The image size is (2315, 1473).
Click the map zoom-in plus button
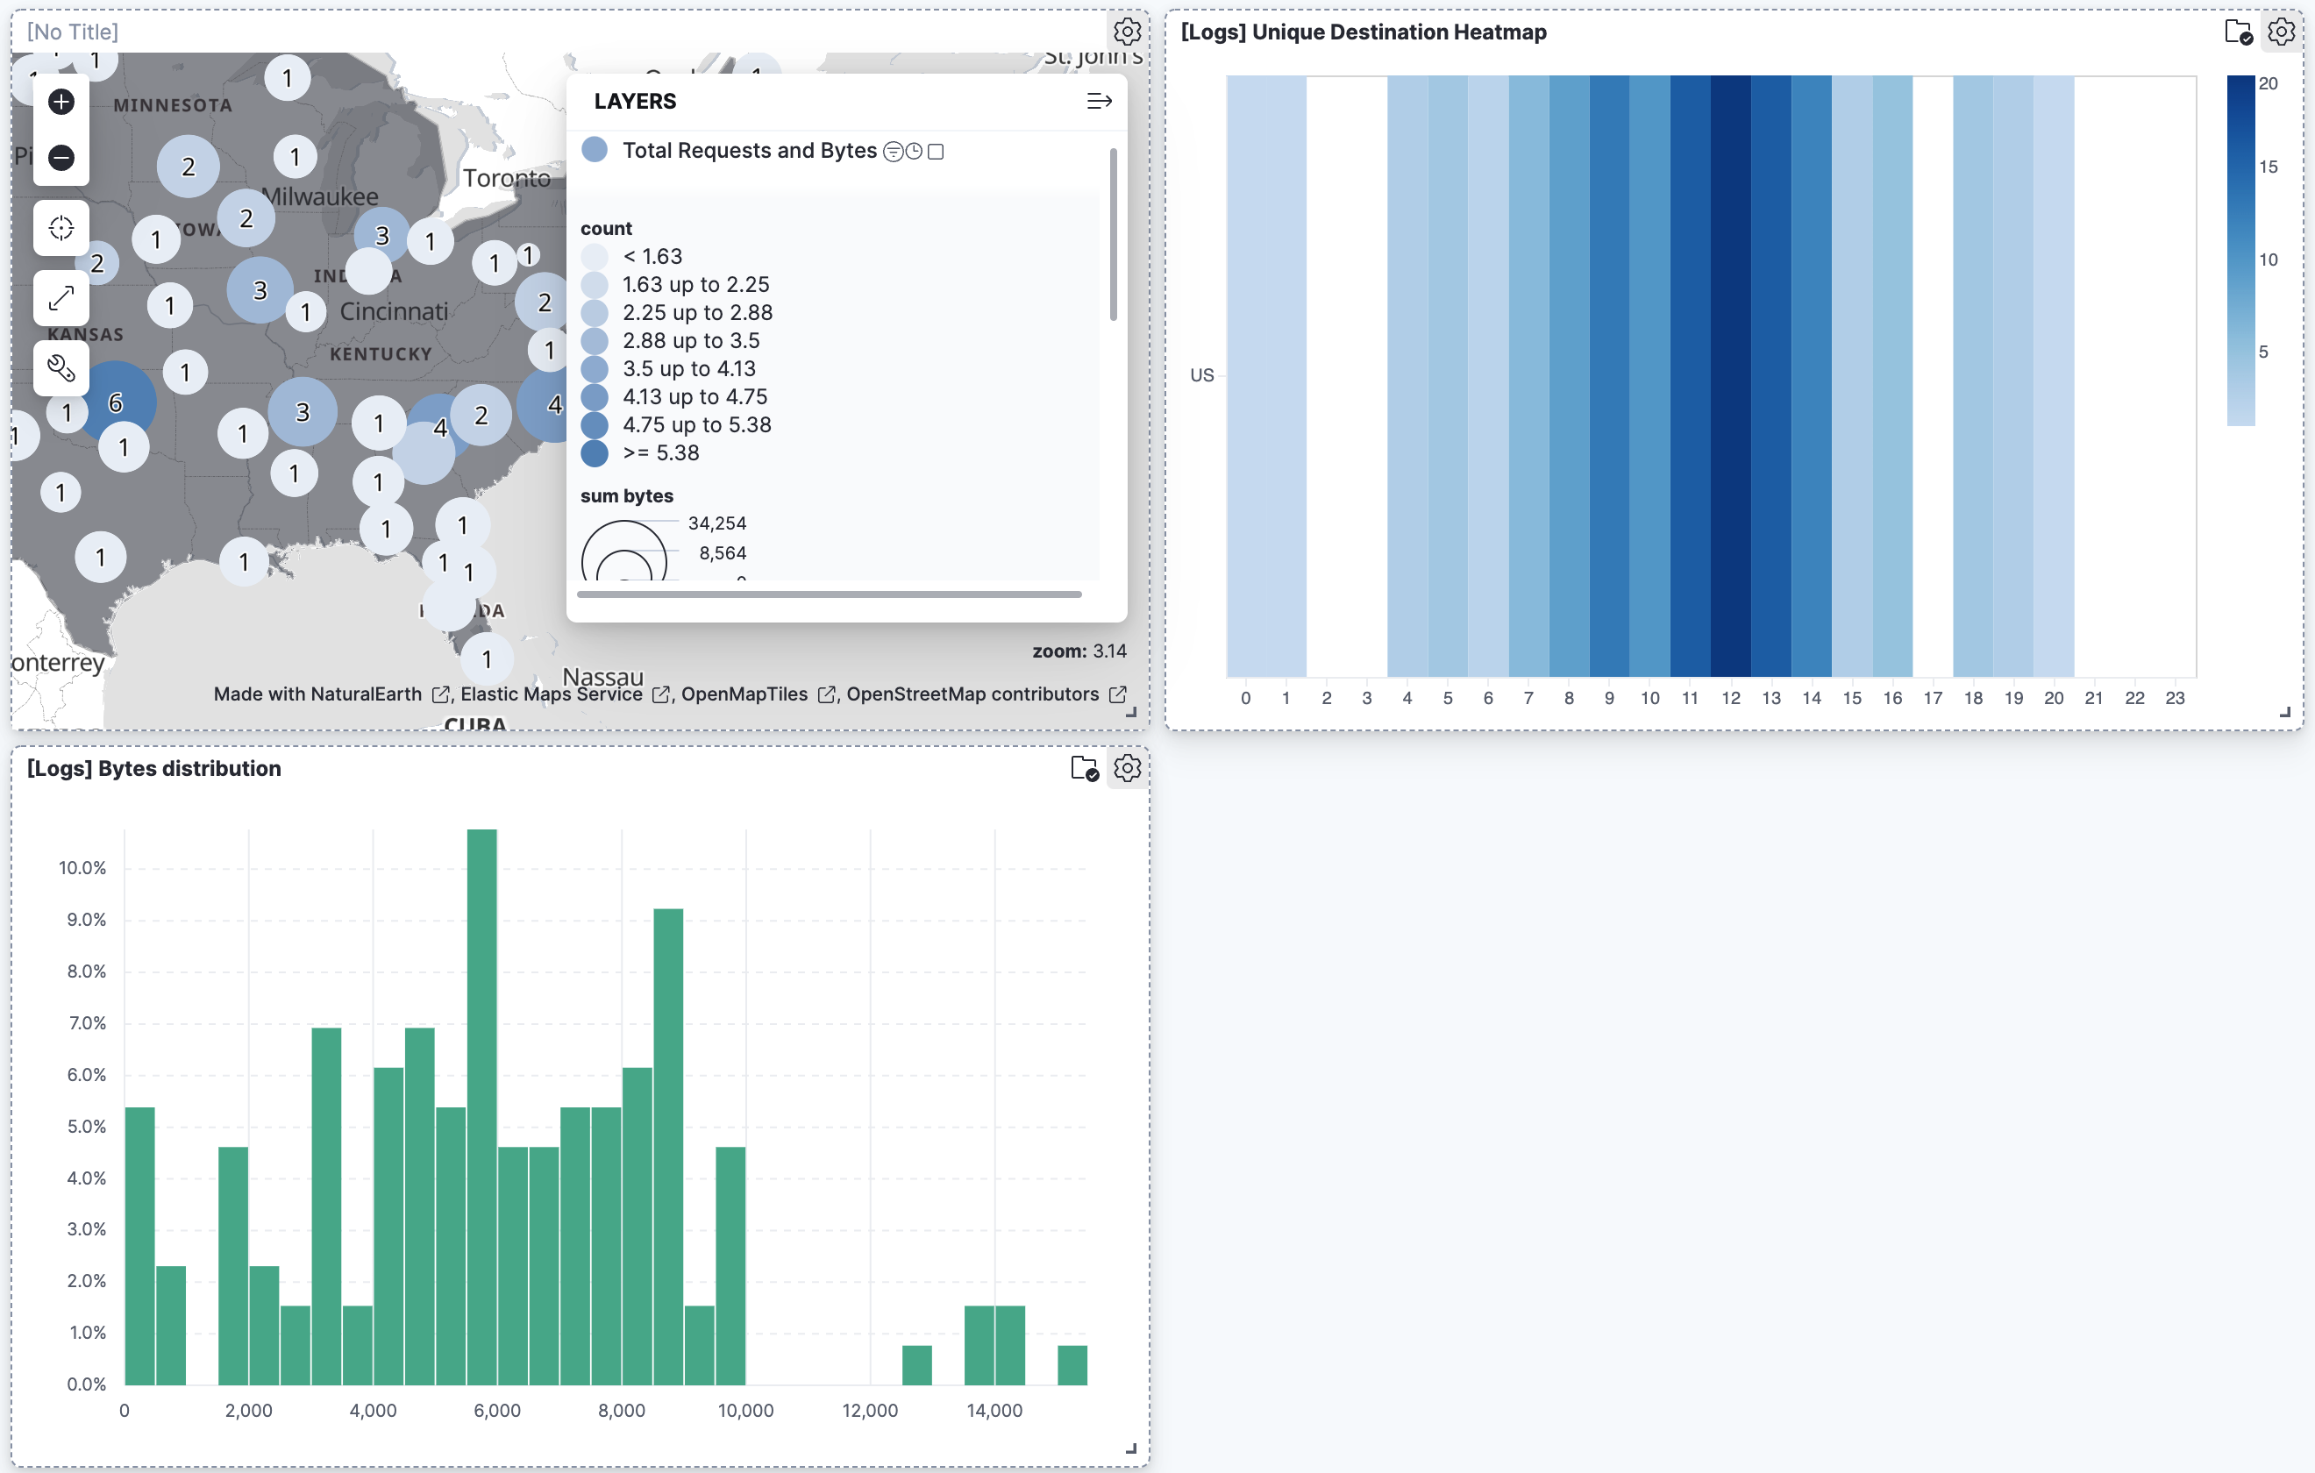tap(61, 102)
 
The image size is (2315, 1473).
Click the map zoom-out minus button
tap(61, 157)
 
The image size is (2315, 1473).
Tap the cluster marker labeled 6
tap(116, 402)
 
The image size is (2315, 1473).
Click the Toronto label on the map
tap(507, 178)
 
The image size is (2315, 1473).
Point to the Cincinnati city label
tap(395, 311)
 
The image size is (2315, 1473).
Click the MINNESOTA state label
tap(173, 106)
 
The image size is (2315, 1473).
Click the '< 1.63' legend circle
tap(595, 257)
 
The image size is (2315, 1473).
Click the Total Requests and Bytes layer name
tap(749, 151)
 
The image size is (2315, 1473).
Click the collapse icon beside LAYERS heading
tap(1099, 101)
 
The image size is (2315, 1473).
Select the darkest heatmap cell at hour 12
tap(1729, 375)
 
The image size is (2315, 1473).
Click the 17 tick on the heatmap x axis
tap(1933, 698)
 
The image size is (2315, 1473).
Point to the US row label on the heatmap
tap(1201, 375)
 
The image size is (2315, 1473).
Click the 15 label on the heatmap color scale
tap(2268, 167)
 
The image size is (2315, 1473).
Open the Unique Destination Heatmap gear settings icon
tap(2281, 32)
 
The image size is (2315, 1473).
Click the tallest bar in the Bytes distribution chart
tap(481, 1106)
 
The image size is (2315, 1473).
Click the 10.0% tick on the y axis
tap(82, 867)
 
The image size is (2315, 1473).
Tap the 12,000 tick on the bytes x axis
tap(869, 1411)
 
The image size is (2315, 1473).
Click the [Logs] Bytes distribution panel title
tap(153, 768)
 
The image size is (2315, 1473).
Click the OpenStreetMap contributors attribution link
tap(972, 694)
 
